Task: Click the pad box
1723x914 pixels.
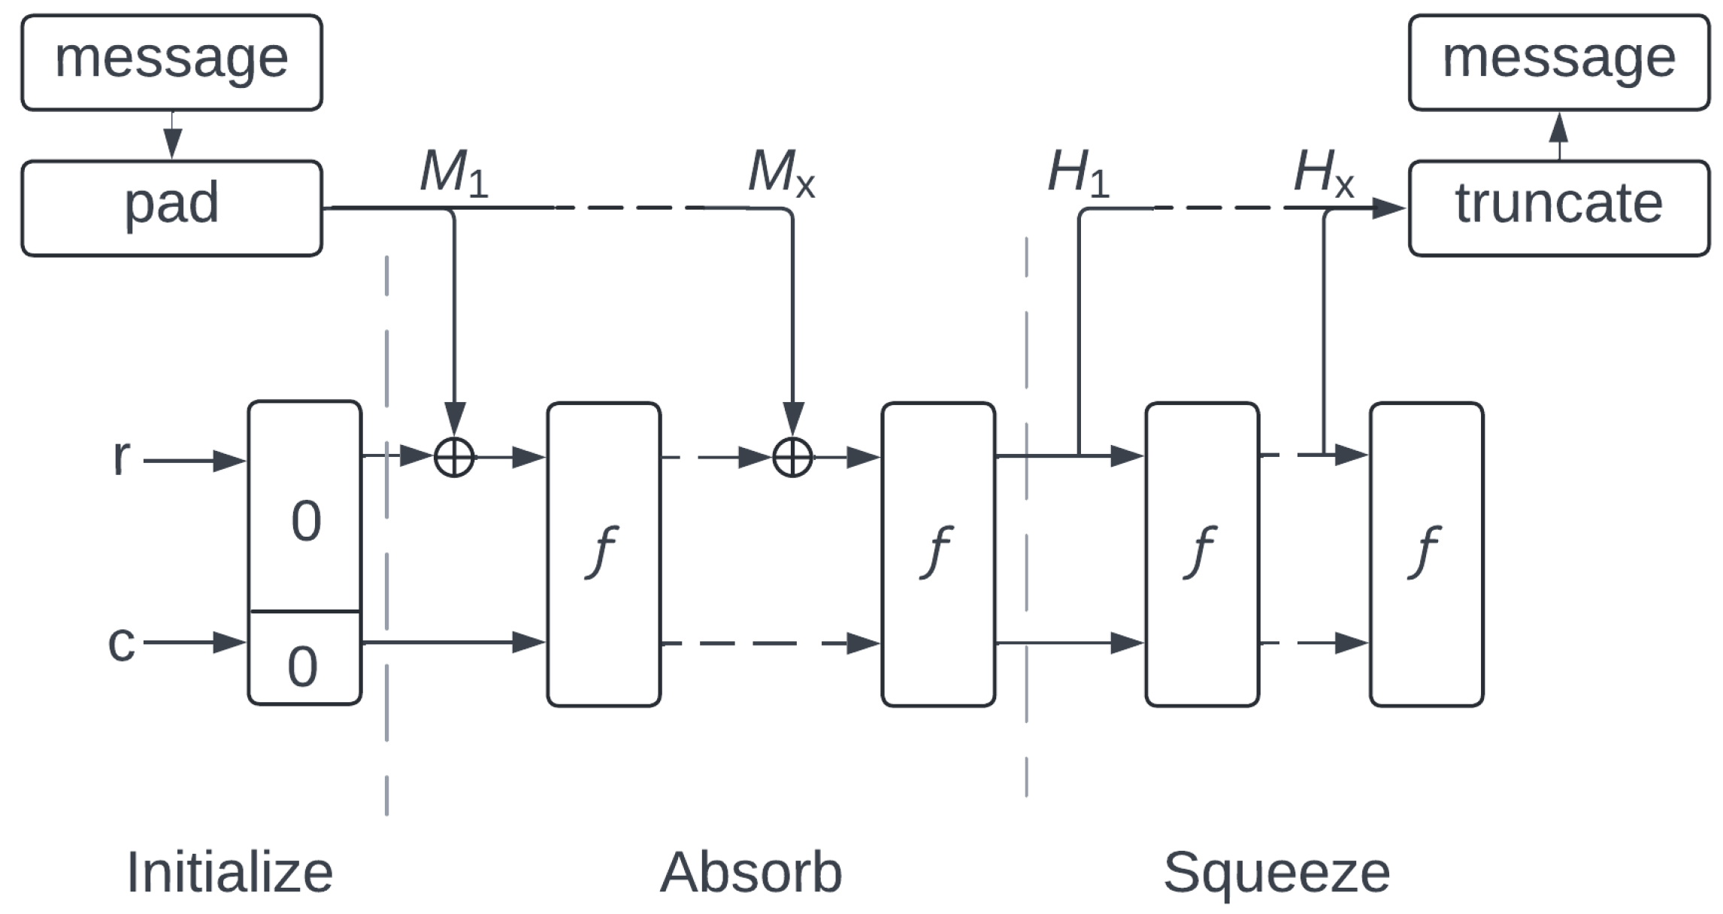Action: click(x=171, y=208)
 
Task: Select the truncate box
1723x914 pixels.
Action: click(x=1558, y=208)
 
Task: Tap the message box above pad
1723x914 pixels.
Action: click(x=171, y=62)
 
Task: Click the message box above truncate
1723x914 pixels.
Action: click(x=1558, y=62)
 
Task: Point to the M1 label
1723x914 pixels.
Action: click(x=453, y=174)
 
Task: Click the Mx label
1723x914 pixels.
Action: click(x=781, y=174)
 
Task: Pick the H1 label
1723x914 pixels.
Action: click(x=1078, y=174)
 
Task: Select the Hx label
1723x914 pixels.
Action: click(x=1323, y=174)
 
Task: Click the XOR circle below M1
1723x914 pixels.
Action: click(x=454, y=456)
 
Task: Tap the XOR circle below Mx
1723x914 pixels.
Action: click(x=793, y=456)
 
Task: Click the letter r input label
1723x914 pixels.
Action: click(x=121, y=456)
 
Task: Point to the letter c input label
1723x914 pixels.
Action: click(x=121, y=643)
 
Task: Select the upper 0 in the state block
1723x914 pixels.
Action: click(x=306, y=521)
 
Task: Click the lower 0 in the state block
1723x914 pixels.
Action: click(x=302, y=666)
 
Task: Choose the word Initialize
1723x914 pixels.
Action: click(x=229, y=872)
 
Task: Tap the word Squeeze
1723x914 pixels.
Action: click(x=1276, y=872)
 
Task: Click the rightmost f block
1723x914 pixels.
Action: click(x=1426, y=554)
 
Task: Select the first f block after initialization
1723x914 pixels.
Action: click(x=604, y=554)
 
